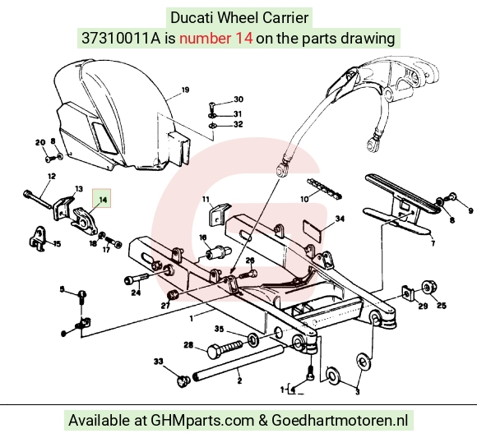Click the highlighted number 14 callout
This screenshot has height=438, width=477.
[x=102, y=199]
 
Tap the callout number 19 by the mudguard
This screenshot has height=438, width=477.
[x=185, y=90]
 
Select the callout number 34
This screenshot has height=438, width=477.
[x=340, y=219]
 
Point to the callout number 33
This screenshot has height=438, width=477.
[x=159, y=362]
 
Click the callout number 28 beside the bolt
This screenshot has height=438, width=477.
[x=188, y=345]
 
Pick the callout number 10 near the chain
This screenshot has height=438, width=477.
[x=304, y=200]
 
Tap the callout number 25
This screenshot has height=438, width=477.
[x=442, y=305]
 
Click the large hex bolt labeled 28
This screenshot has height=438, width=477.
[x=225, y=349]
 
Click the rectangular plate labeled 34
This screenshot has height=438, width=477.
[x=313, y=229]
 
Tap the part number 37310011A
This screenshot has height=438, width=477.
[x=121, y=39]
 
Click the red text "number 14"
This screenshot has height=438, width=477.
[x=215, y=39]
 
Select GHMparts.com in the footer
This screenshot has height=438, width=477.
[x=202, y=421]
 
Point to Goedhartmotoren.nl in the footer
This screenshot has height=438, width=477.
[x=339, y=421]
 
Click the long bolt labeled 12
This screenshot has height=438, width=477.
[x=37, y=200]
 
